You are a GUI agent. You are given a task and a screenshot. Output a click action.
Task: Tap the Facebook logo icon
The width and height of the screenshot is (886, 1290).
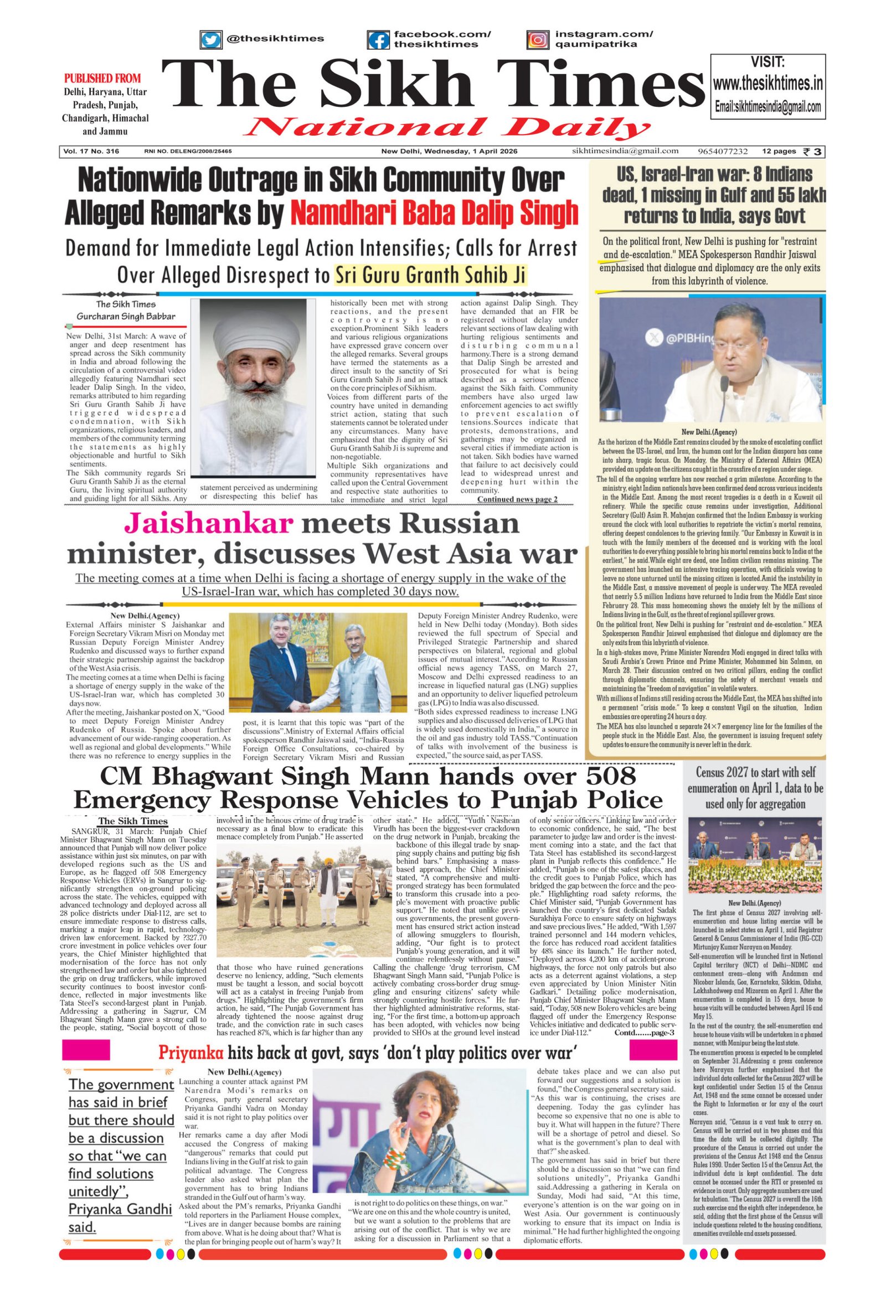(379, 39)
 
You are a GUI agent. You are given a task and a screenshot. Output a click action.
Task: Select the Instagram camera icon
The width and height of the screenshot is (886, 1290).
(537, 39)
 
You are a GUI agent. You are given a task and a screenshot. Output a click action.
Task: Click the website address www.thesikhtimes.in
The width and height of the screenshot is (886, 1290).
(767, 84)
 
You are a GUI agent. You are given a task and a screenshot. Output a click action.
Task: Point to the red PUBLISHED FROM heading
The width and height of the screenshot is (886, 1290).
(102, 78)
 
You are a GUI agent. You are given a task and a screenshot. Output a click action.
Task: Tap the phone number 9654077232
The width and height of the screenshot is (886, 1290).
(723, 151)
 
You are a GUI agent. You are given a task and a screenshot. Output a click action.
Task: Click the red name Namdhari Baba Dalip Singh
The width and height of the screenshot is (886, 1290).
(434, 213)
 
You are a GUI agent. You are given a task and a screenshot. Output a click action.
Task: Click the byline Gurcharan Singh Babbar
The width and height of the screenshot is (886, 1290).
(126, 316)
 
